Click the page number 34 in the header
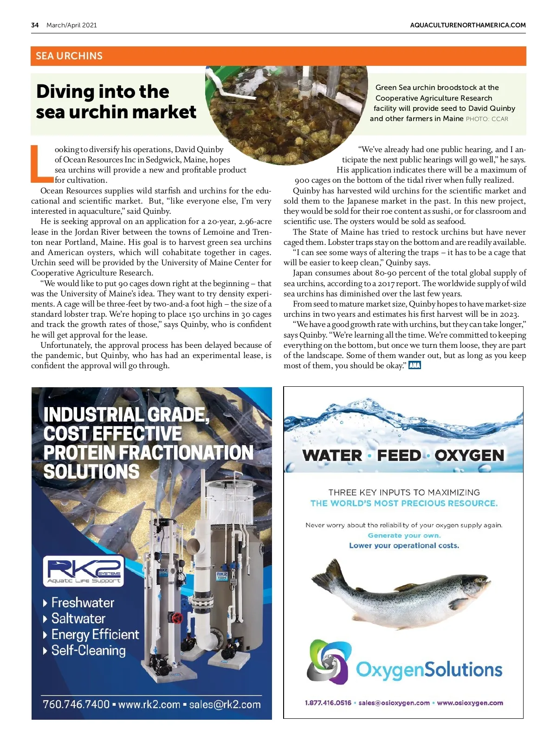tap(35, 25)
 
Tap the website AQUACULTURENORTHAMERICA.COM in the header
tap(467, 25)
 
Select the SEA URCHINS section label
tap(69, 56)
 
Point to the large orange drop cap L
tap(41, 163)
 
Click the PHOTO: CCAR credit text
tap(487, 119)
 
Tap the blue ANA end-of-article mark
tap(415, 365)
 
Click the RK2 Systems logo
tap(84, 571)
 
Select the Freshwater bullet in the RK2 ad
tap(82, 602)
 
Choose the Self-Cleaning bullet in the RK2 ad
tap(88, 650)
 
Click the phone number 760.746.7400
tap(76, 704)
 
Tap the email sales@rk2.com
tap(225, 704)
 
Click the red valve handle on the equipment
tap(177, 618)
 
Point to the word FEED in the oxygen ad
tap(399, 455)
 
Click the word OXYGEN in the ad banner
tap(469, 455)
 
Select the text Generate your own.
tap(404, 535)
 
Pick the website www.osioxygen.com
tap(470, 703)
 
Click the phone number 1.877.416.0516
tap(328, 703)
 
